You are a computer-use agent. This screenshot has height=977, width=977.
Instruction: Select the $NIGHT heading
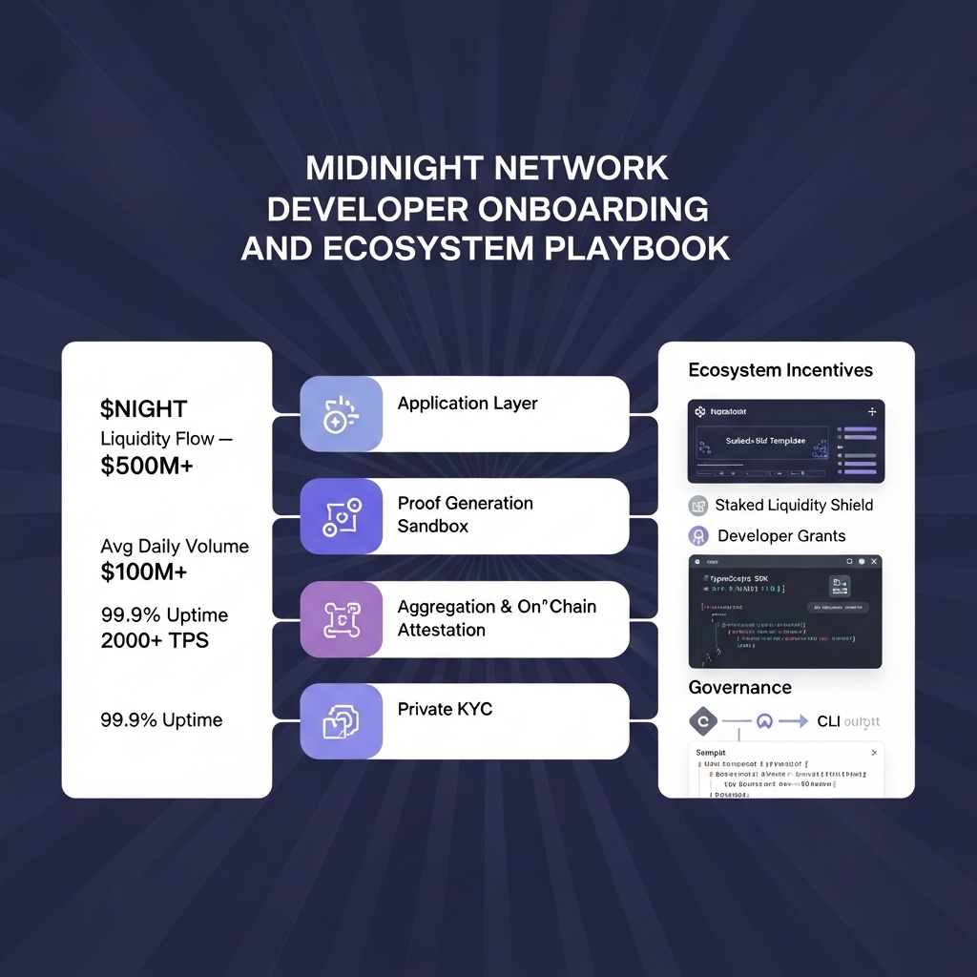point(143,409)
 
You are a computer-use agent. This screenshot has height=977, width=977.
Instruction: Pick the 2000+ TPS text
point(155,640)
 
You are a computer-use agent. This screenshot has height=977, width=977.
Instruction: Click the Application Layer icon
point(341,413)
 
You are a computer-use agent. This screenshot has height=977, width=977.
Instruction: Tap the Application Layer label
point(468,404)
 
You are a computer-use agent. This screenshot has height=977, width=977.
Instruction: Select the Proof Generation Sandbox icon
point(341,516)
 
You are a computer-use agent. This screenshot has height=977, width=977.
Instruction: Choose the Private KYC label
point(445,710)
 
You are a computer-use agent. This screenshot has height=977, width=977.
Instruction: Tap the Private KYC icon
point(341,721)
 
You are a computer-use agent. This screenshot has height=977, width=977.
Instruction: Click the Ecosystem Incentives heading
point(780,370)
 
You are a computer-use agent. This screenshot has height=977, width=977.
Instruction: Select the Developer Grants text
point(781,536)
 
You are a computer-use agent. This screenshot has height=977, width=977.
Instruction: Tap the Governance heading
point(739,688)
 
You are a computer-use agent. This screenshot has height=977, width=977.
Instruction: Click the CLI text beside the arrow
point(828,722)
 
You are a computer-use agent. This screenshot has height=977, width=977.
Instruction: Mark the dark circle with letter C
point(702,722)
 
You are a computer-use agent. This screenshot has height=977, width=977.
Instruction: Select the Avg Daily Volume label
point(175,547)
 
